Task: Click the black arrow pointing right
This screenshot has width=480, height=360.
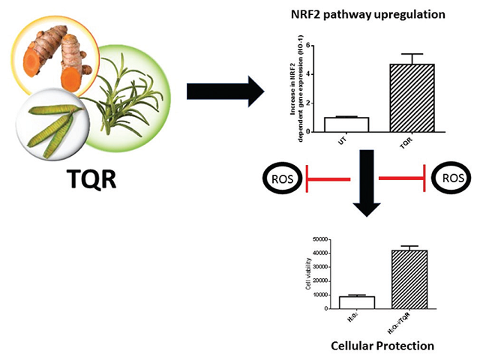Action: [x=224, y=92]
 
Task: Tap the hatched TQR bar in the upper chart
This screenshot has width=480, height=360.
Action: [x=412, y=97]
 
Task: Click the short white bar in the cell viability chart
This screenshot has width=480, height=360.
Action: [x=352, y=302]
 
